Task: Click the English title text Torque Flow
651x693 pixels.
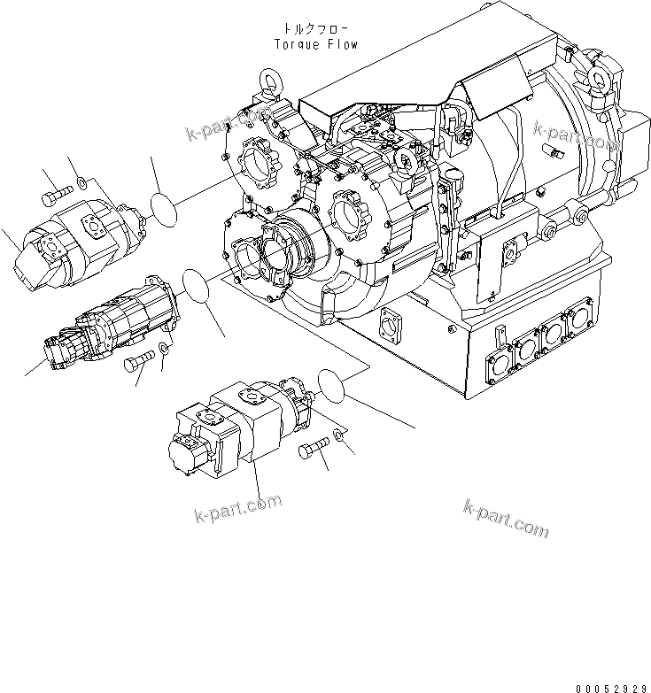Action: pos(316,43)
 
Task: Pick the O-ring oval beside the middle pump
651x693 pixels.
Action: pos(197,287)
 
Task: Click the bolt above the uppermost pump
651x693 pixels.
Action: pos(55,190)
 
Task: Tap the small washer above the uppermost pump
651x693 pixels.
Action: pos(81,183)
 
